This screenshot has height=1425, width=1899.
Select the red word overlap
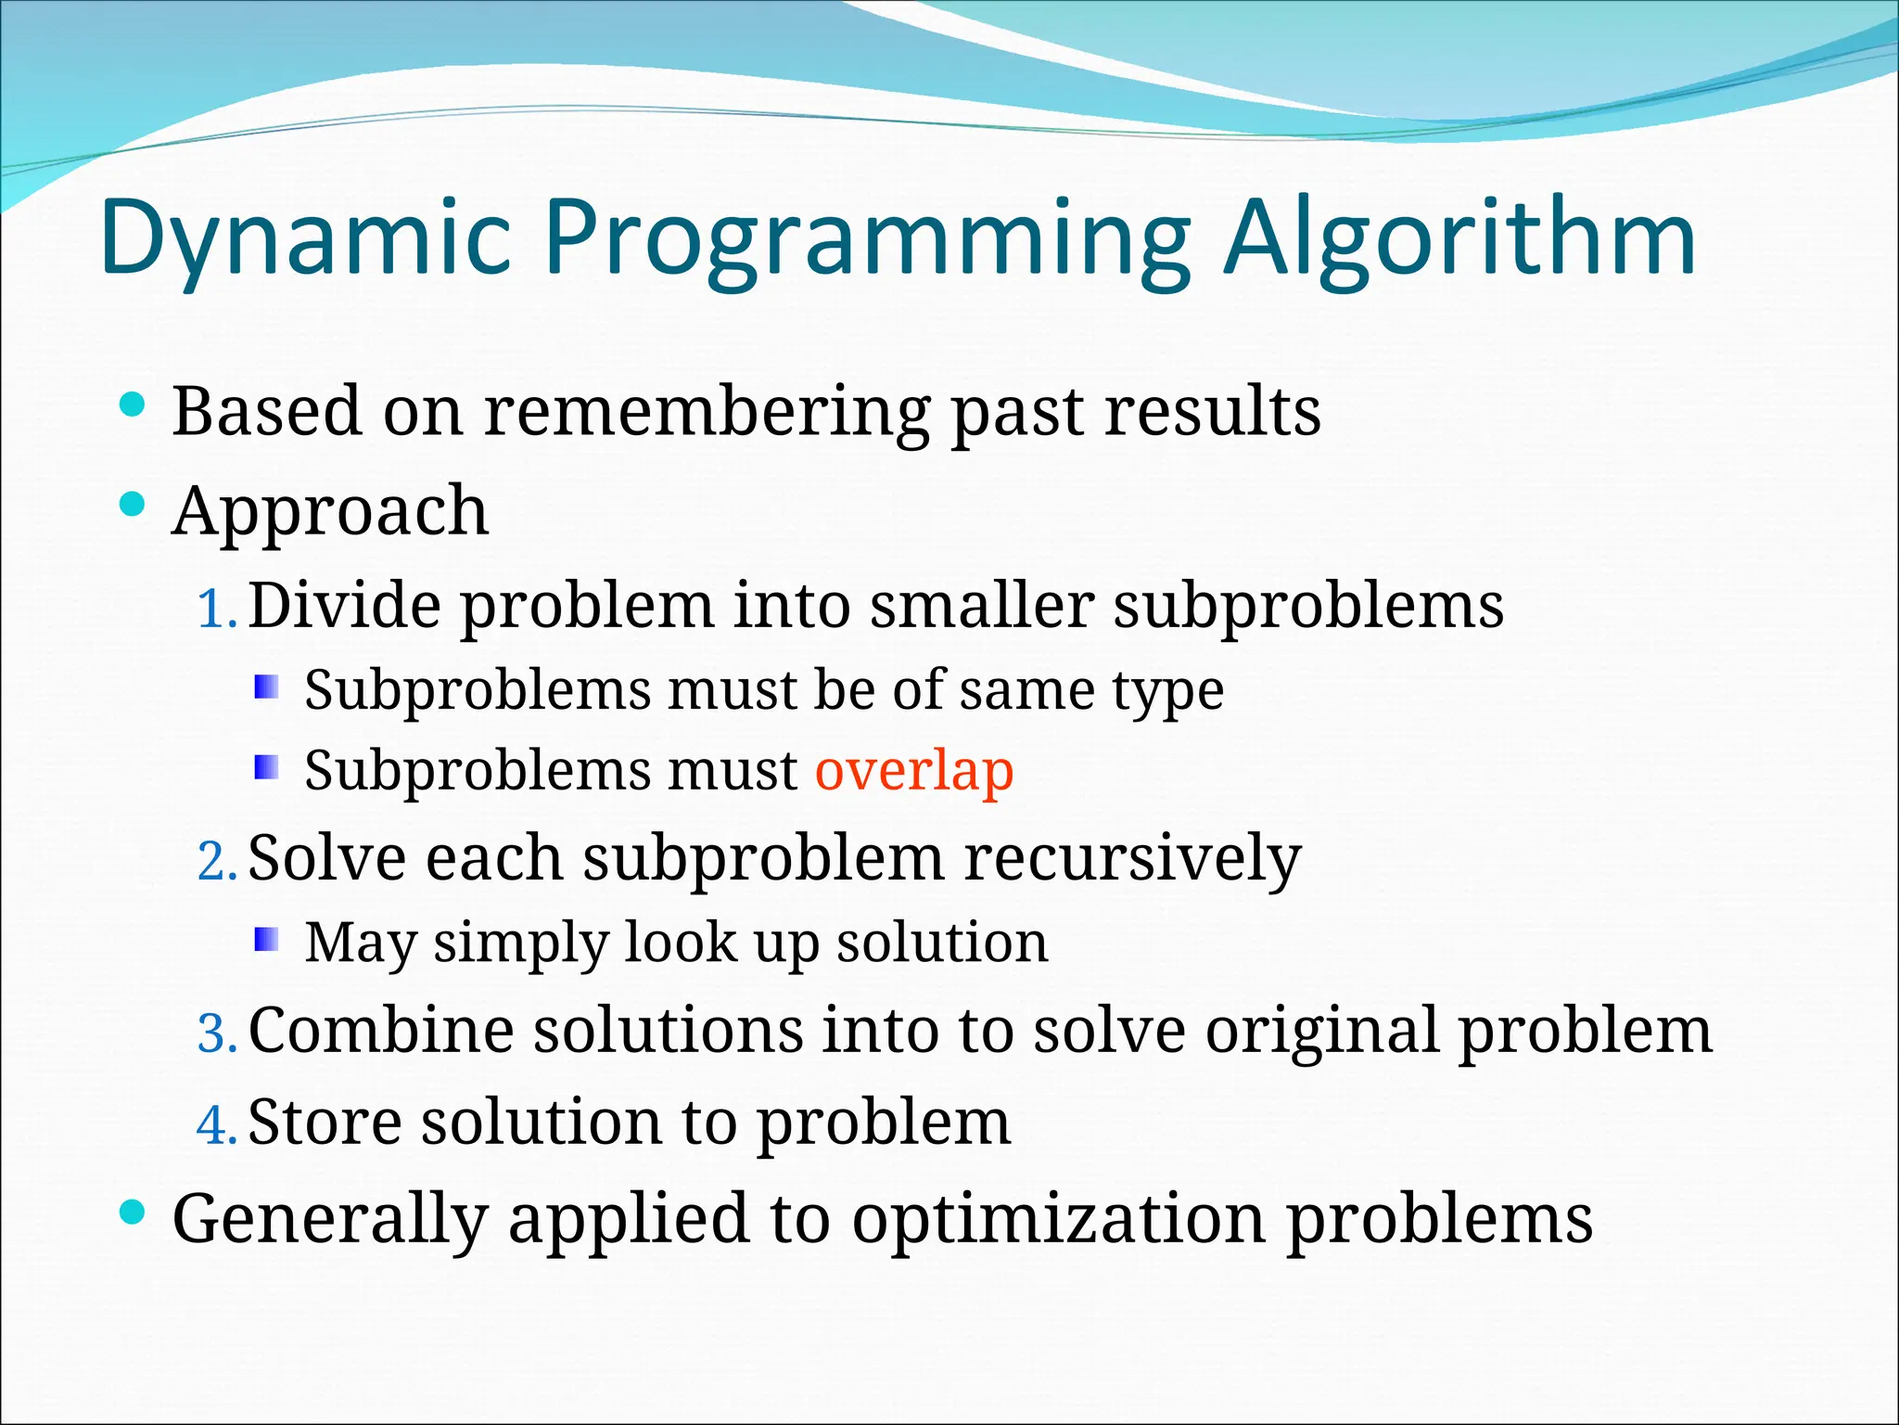(914, 770)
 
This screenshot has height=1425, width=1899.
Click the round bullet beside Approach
(134, 505)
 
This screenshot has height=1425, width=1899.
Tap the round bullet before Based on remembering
(134, 404)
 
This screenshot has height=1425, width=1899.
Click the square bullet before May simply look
(266, 940)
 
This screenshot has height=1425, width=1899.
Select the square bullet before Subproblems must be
(266, 687)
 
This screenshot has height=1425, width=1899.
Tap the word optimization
(1058, 1218)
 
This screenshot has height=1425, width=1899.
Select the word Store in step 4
(324, 1122)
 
